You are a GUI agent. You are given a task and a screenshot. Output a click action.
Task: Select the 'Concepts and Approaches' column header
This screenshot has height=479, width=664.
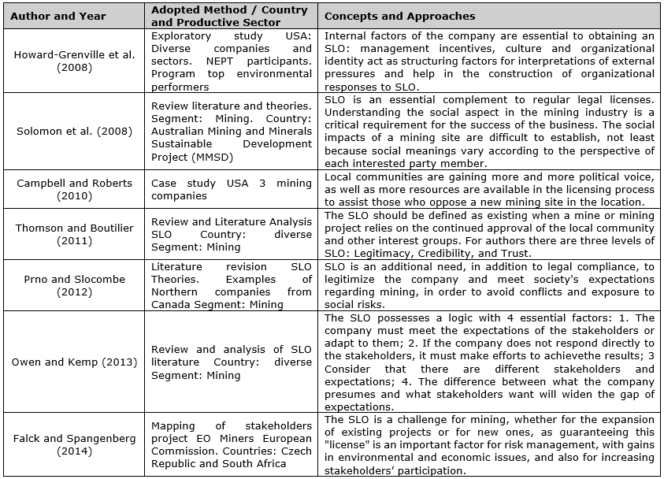click(399, 17)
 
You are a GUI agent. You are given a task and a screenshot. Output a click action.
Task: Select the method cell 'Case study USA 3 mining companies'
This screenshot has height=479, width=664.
click(232, 189)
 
